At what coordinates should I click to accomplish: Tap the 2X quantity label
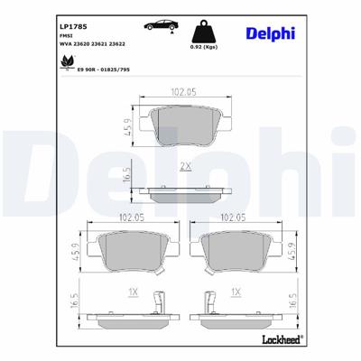[185, 167]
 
